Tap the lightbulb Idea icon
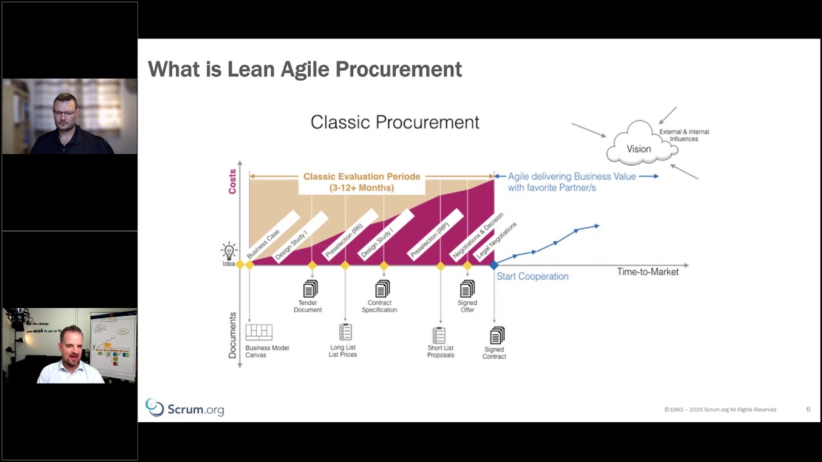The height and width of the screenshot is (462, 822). [x=229, y=251]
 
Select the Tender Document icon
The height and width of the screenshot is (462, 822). [x=310, y=289]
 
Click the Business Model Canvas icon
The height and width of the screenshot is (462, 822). [x=259, y=332]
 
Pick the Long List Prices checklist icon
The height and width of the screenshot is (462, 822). [x=345, y=332]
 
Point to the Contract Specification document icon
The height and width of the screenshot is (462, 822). [x=382, y=289]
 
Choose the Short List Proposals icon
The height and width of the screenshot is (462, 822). [x=439, y=336]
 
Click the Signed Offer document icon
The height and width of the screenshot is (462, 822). [x=468, y=289]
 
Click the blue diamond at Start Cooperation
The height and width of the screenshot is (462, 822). [x=494, y=265]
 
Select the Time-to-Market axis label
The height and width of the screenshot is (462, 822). [x=647, y=272]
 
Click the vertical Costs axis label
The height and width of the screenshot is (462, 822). [x=232, y=182]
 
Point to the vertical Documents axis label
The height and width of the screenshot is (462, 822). [x=232, y=335]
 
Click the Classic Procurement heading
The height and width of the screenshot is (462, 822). [x=394, y=123]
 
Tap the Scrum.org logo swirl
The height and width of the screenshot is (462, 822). [x=155, y=407]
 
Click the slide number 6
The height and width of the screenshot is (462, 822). [x=808, y=409]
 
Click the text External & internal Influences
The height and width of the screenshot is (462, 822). [x=684, y=135]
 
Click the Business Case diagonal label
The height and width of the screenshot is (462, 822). [x=263, y=243]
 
